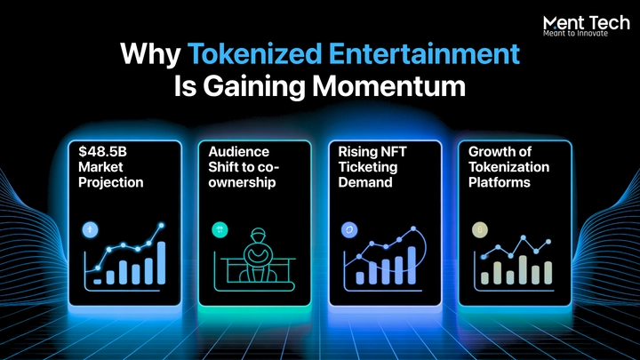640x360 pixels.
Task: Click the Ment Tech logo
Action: (586, 26)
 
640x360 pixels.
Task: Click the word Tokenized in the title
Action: (255, 54)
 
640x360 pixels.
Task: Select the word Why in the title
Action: (150, 55)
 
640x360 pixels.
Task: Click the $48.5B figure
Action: (102, 151)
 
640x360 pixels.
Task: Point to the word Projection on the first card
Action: (110, 182)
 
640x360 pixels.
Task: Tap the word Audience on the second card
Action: (239, 151)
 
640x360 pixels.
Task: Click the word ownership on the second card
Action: (242, 182)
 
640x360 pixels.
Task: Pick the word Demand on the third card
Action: (365, 182)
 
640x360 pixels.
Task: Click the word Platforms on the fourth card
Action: (500, 182)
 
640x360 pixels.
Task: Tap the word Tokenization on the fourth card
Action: (509, 167)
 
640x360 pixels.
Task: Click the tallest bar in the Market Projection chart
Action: (161, 263)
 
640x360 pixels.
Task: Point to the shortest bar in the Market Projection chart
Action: (97, 282)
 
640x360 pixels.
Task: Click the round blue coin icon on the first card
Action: (90, 230)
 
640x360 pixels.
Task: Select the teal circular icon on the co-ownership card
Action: (220, 230)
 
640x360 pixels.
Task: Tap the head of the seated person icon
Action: (258, 235)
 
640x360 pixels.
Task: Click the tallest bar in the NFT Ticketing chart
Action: (412, 265)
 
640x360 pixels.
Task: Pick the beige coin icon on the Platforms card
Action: (480, 230)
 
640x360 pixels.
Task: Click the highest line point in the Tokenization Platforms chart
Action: (524, 236)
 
